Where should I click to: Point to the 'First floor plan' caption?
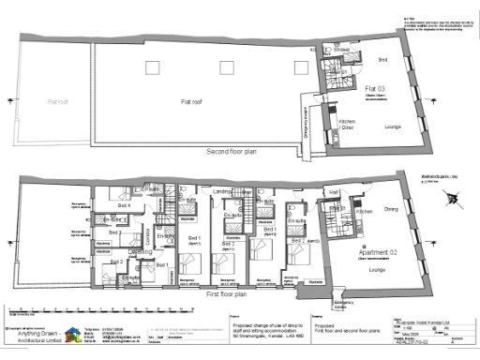pyautogui.click(x=231, y=293)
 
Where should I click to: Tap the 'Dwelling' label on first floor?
pyautogui.click(x=141, y=251)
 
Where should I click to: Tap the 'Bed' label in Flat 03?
pyautogui.click(x=383, y=59)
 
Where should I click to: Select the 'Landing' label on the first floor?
pyautogui.click(x=221, y=193)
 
